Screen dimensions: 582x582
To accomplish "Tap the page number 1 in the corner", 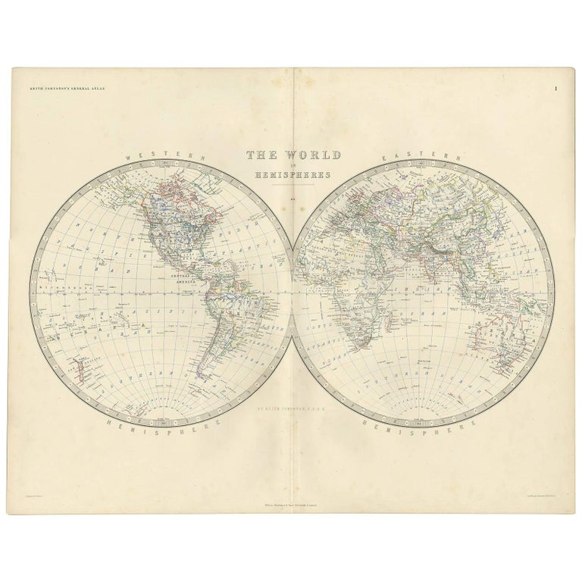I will tap(555, 90).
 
